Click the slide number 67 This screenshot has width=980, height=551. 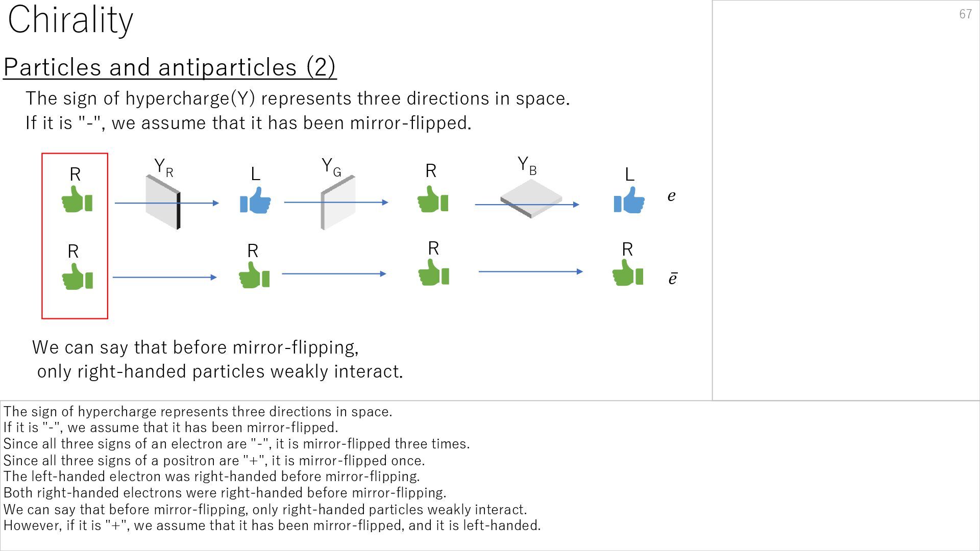[965, 14]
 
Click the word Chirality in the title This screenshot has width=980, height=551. [70, 20]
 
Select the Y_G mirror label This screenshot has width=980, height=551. [331, 166]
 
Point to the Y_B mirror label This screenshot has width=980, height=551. [527, 165]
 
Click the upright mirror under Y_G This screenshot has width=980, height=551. [338, 203]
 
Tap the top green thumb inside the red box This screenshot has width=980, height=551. [77, 199]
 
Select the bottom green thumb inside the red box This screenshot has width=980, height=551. [77, 277]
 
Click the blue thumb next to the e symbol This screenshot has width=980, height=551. [629, 200]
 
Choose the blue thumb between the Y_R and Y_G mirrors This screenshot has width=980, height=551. [255, 201]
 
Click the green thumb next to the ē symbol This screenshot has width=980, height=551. [627, 273]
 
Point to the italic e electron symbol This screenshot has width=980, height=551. [672, 196]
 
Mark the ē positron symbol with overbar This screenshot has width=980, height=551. [673, 279]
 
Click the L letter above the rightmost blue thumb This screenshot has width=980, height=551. [630, 175]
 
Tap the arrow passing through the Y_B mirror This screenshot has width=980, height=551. [527, 205]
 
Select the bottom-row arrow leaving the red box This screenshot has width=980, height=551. [164, 278]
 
